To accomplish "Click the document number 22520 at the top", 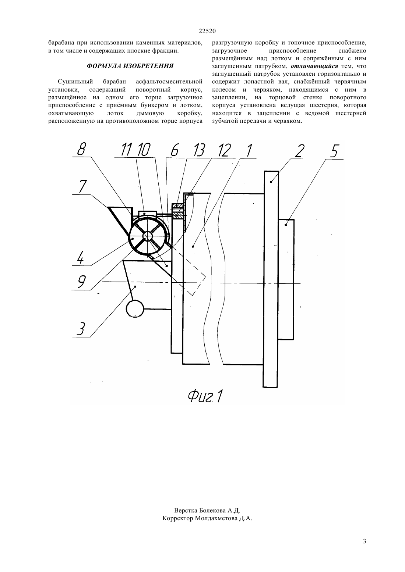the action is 207,31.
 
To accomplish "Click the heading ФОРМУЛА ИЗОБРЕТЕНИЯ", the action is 130,66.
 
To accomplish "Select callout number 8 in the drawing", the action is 81,149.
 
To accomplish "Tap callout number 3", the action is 80,329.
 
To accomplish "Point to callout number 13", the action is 199,150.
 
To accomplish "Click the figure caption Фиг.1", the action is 205,397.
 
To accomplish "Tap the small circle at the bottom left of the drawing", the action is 135,309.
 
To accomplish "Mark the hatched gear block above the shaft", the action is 178,211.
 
